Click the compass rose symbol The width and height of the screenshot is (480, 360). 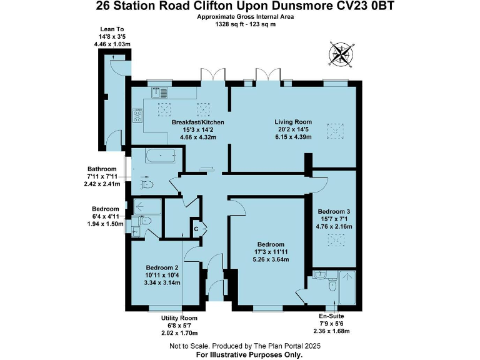pos(341,54)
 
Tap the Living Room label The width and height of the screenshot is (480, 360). pos(293,122)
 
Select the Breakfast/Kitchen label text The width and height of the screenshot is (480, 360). pos(197,122)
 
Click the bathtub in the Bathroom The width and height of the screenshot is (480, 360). pos(161,156)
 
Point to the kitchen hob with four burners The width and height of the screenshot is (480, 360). pos(137,116)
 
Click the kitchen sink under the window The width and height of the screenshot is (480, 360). pos(159,92)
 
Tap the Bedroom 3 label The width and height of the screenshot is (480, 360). pos(334,211)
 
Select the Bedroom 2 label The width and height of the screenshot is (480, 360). pos(162,267)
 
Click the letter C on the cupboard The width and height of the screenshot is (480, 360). pos(196,229)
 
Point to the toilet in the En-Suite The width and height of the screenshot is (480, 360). pos(332,286)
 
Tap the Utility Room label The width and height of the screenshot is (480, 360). pos(179,318)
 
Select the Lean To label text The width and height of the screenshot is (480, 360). pos(112,29)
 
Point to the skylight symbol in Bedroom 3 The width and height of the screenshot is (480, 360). pos(336,240)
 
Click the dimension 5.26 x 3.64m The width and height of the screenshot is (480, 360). pos(271,259)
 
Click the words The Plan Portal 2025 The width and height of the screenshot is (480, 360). pos(287,346)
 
